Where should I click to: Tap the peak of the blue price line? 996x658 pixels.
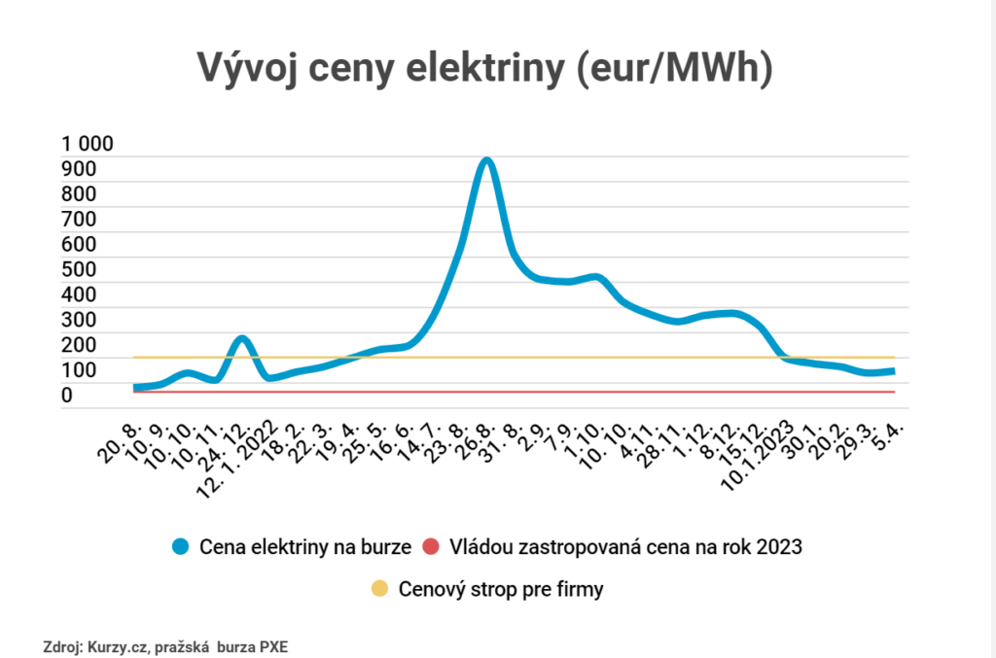tap(485, 160)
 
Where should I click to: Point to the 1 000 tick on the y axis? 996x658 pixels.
tap(88, 145)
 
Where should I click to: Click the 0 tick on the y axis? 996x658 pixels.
tap(67, 396)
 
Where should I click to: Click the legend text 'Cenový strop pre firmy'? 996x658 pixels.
tap(502, 589)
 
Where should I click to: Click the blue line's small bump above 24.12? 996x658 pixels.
tap(242, 339)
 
